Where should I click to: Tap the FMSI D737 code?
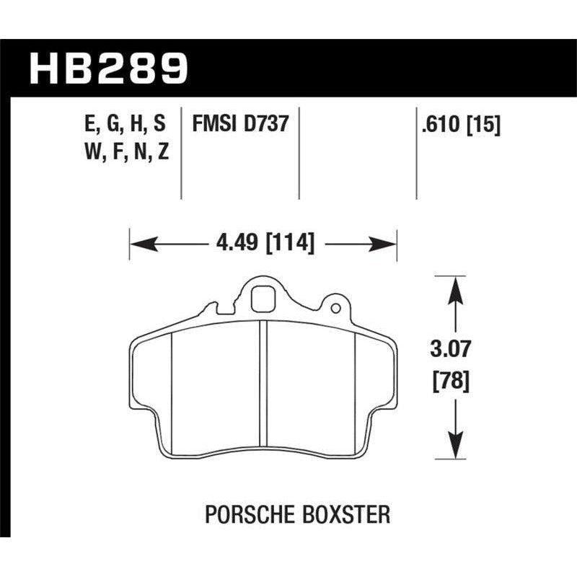click(x=239, y=124)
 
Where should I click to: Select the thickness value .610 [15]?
click(x=458, y=124)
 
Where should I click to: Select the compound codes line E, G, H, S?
click(x=125, y=124)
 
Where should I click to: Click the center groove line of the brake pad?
click(x=264, y=389)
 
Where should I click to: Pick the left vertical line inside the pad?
click(x=172, y=393)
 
